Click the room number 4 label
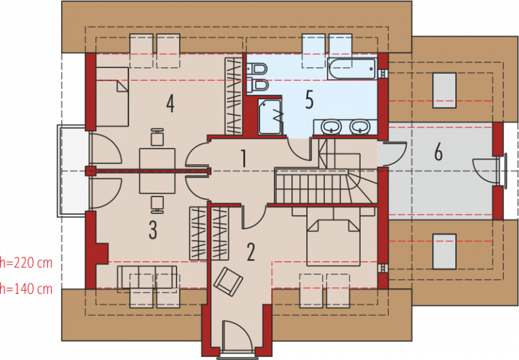[170, 103]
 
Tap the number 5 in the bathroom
[309, 99]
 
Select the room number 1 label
[244, 159]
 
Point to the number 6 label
[439, 152]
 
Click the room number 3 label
[152, 230]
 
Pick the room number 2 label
[250, 252]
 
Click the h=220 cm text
[26, 263]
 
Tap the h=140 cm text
[26, 289]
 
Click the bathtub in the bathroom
[352, 69]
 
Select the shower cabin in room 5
[270, 117]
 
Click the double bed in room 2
[333, 241]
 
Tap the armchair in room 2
[228, 282]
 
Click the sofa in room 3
[147, 276]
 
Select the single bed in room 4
[112, 97]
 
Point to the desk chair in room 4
[157, 137]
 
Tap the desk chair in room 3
[157, 204]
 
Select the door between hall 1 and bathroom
[300, 150]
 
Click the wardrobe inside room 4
[234, 96]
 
